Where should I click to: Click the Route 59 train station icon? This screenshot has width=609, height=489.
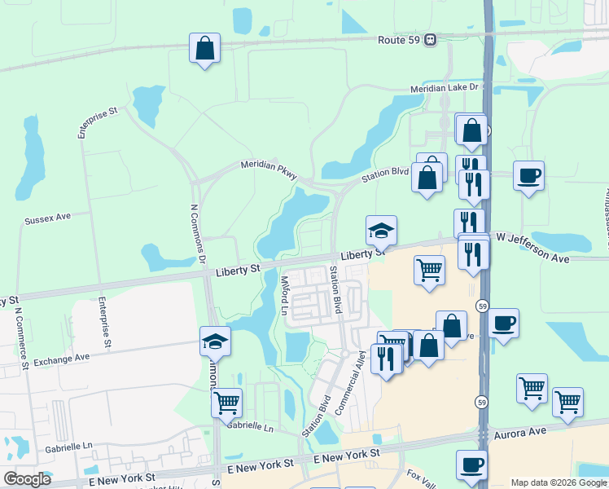(x=431, y=39)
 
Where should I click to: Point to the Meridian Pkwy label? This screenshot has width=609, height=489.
(x=269, y=169)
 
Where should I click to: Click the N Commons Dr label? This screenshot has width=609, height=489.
(x=196, y=235)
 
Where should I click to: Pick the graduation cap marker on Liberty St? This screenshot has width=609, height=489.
(x=381, y=231)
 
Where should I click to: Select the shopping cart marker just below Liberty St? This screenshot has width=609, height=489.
(x=429, y=270)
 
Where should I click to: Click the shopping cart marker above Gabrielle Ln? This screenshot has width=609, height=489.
(x=226, y=402)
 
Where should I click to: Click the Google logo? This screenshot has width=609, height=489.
(x=28, y=479)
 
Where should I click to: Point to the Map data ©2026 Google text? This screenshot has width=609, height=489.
(x=559, y=482)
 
